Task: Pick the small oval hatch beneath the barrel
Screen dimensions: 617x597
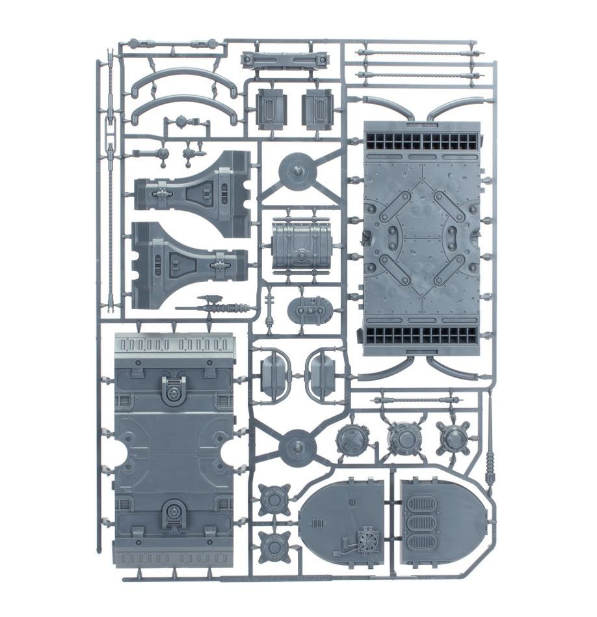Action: click(x=311, y=311)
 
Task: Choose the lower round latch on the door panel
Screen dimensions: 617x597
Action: click(x=174, y=515)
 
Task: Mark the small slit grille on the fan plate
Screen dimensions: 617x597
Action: click(x=318, y=524)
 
